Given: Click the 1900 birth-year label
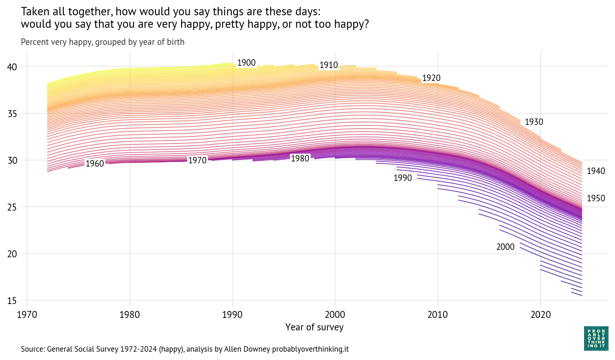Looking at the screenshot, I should point(246,63).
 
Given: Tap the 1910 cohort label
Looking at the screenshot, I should point(329,65).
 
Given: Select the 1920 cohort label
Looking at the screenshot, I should point(431,78).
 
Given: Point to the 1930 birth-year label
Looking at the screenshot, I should point(534,122).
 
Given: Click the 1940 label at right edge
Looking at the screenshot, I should point(596,171).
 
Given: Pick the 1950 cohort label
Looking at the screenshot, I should point(596,199).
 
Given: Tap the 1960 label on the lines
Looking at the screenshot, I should point(95,163).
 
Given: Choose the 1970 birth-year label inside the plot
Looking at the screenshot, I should point(197,161).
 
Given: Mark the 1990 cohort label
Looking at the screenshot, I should point(402,178).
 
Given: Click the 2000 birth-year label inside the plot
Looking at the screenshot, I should point(505,247).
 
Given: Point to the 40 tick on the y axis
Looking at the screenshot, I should point(12,67).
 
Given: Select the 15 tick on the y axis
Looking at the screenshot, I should point(12,301).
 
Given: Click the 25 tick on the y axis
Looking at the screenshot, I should point(12,207).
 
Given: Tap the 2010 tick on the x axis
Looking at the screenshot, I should point(437,315).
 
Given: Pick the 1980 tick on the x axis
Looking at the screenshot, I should point(129,315).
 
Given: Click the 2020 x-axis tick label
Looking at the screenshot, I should point(540,315).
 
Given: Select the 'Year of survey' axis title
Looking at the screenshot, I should point(314,328).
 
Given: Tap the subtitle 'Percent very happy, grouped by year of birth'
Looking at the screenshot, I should point(103,42).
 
